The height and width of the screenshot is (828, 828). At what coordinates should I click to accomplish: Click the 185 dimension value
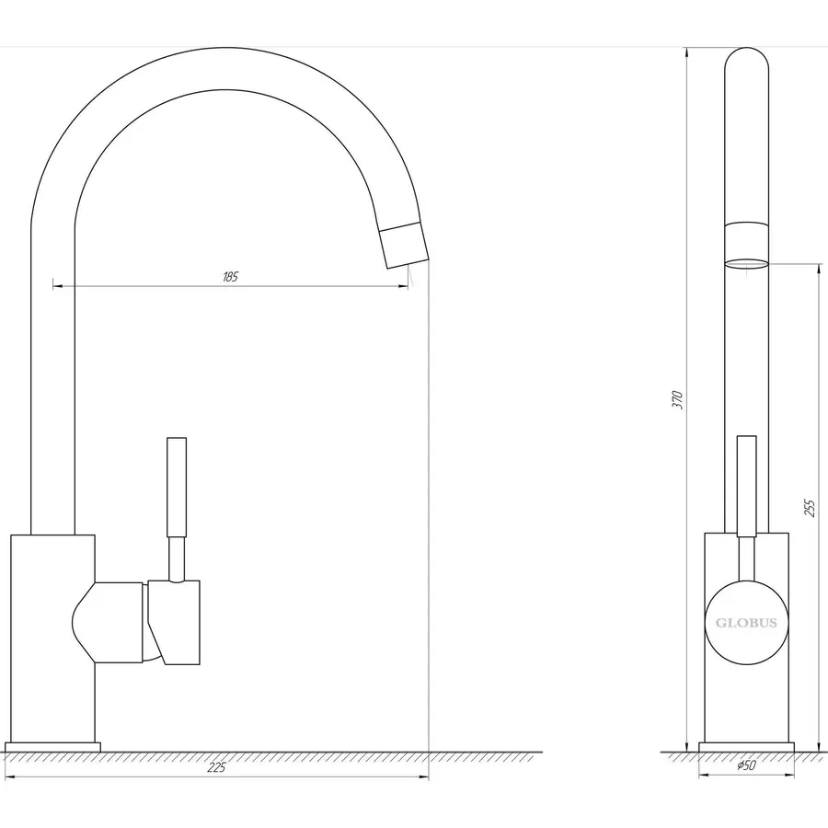[x=230, y=277]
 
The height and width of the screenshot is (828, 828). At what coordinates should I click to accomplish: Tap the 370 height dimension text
[x=679, y=399]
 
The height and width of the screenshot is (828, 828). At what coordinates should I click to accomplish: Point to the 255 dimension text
[x=810, y=508]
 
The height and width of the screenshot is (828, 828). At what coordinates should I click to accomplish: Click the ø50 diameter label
[x=746, y=765]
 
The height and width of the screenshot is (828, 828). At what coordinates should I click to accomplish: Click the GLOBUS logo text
[x=746, y=623]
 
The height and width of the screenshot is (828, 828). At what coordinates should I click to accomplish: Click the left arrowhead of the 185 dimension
[x=58, y=287]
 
